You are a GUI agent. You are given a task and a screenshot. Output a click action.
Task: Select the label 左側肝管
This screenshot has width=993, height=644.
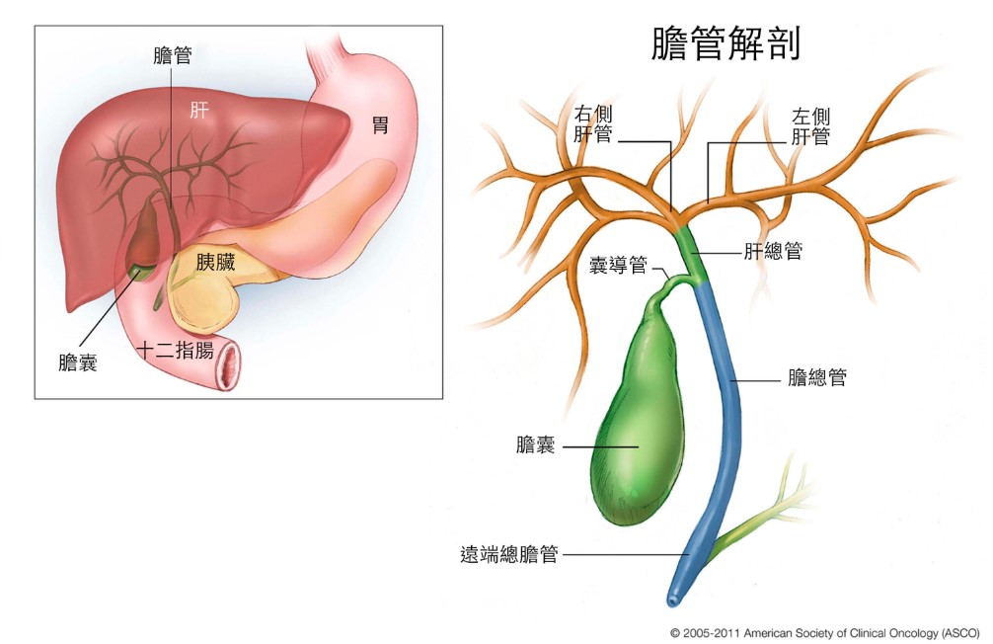pos(810,127)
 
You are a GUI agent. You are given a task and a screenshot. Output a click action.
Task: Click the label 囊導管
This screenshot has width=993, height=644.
pos(618,266)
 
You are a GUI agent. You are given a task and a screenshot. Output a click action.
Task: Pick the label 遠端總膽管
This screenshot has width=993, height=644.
pos(509,555)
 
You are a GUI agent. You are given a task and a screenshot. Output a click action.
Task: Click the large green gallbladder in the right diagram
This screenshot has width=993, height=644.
pos(637,425)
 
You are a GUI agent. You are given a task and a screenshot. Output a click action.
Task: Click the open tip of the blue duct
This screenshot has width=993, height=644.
pos(673,600)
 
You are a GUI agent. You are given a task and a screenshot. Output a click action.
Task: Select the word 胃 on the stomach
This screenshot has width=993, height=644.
pos(379,125)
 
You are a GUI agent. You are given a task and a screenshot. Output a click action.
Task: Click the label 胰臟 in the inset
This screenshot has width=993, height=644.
pos(215,263)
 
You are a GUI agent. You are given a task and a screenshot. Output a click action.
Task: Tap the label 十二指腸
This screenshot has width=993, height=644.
pos(174,351)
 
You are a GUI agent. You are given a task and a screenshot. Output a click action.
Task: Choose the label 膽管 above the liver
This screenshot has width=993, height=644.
pos(173,55)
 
